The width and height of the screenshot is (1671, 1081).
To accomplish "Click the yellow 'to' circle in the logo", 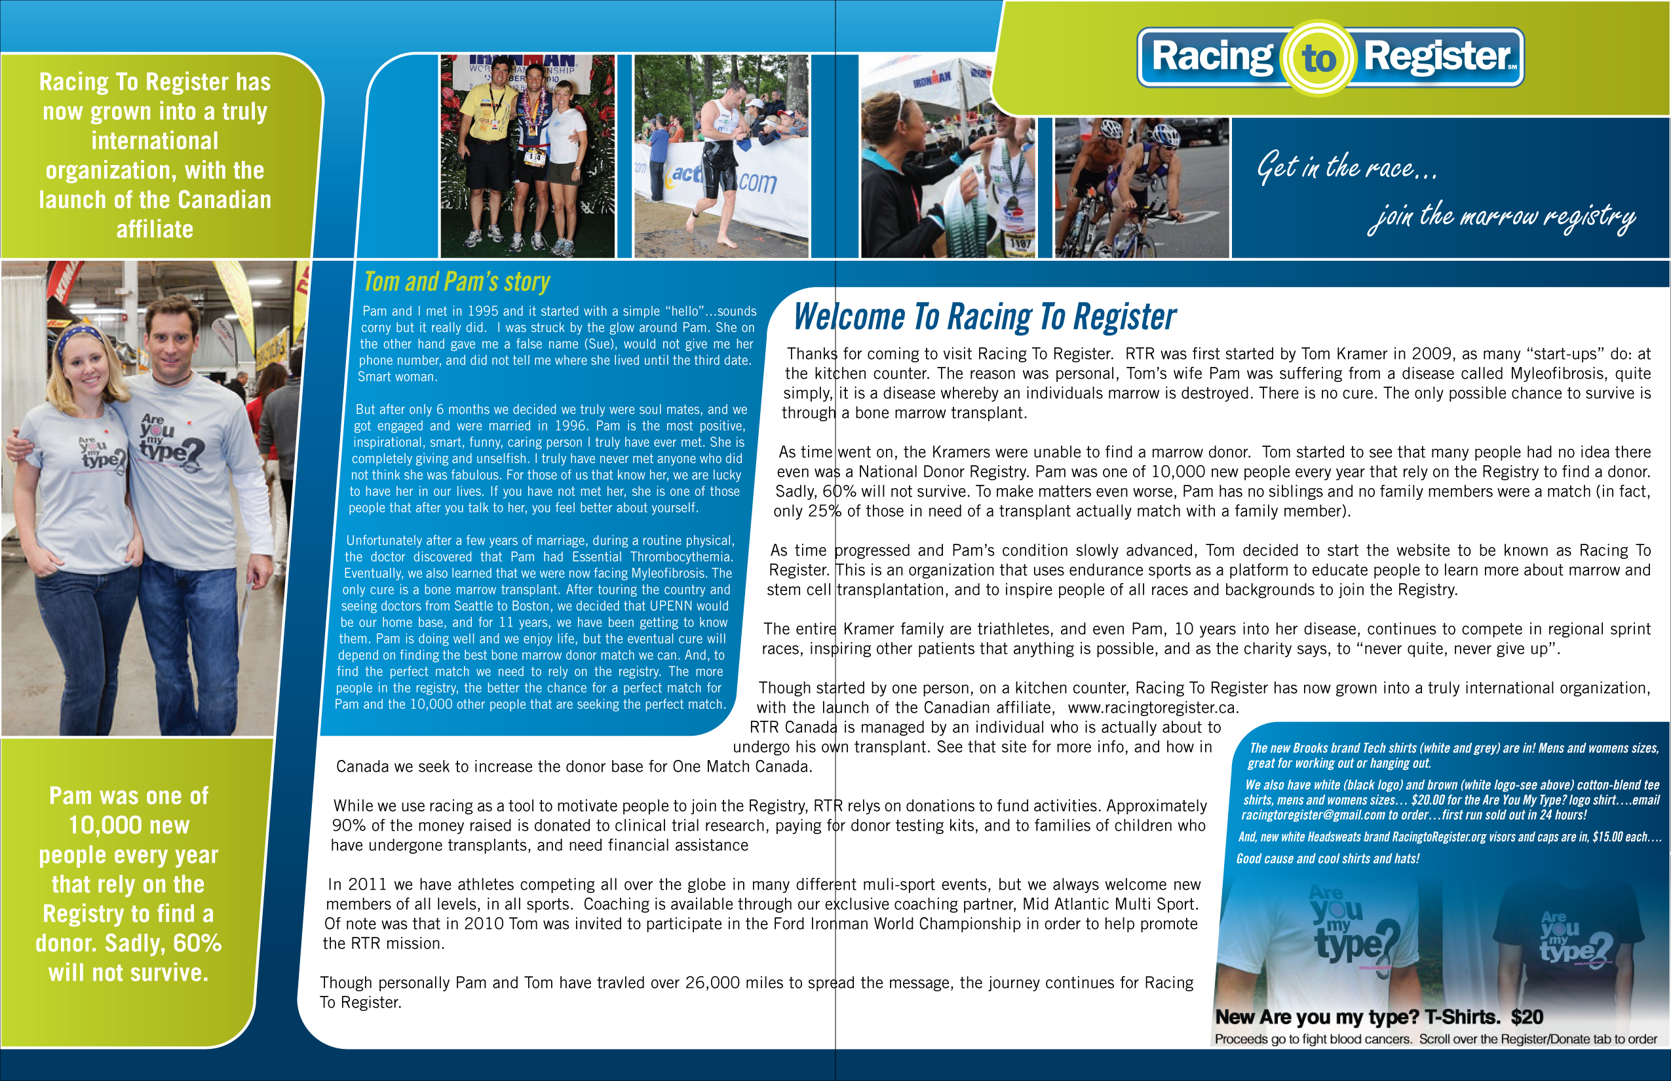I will click(1318, 58).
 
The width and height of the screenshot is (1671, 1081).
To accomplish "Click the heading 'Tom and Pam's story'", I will click(456, 282).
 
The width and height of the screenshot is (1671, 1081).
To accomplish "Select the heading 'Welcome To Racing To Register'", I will click(984, 316).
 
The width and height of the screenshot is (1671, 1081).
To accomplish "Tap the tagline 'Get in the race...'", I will click(1347, 167).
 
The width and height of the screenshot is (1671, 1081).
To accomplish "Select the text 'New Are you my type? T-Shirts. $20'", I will click(1379, 1017).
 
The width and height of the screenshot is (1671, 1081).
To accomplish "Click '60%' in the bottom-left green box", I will click(197, 943).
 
